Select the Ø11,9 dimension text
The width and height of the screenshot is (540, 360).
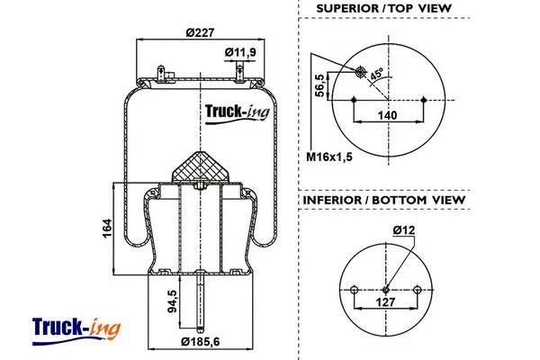[240, 51]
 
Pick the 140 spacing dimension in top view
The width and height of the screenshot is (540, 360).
[386, 114]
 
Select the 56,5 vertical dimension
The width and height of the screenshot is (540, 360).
[319, 89]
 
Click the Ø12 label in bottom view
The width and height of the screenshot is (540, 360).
[405, 232]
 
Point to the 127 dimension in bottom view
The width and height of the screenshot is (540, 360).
[386, 302]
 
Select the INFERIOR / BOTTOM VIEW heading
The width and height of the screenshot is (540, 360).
[384, 199]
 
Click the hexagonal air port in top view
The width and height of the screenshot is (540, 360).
[361, 72]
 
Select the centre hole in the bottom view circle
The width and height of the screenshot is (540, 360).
[386, 289]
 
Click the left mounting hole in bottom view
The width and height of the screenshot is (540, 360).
[355, 289]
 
